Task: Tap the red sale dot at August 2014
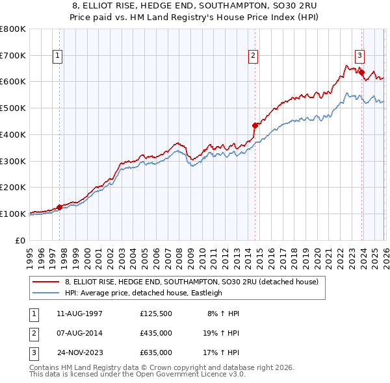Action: [x=255, y=125]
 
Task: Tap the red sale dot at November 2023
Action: [x=362, y=73]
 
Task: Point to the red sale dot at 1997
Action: [x=59, y=207]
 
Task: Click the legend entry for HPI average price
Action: [x=143, y=293]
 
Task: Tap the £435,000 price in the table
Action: [x=156, y=333]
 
